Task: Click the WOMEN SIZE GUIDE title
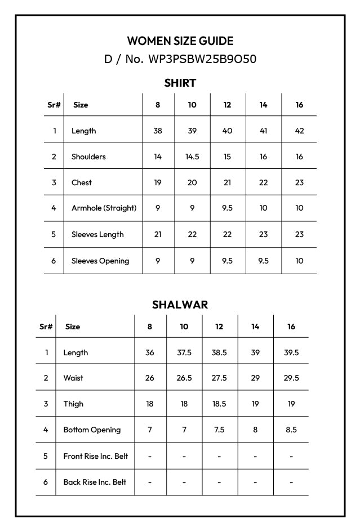[x=180, y=41]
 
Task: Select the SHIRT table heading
[x=180, y=83]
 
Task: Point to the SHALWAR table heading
[x=180, y=305]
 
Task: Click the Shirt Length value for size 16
[x=299, y=131]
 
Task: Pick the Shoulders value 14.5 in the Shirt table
[x=192, y=157]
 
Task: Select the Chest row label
[x=82, y=182]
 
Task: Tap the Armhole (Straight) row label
[x=104, y=208]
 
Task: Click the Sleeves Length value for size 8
[x=158, y=234]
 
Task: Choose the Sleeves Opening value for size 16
[x=299, y=261]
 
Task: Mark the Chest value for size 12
[x=227, y=182]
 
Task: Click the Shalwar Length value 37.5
[x=184, y=352]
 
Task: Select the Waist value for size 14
[x=255, y=378]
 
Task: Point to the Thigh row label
[x=73, y=404]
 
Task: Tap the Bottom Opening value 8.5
[x=291, y=430]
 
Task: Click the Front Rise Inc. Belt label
[x=96, y=456]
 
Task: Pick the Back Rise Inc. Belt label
[x=95, y=482]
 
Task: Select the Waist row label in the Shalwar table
[x=73, y=378]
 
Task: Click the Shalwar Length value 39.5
[x=291, y=352]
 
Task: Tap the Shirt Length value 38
[x=158, y=131]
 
